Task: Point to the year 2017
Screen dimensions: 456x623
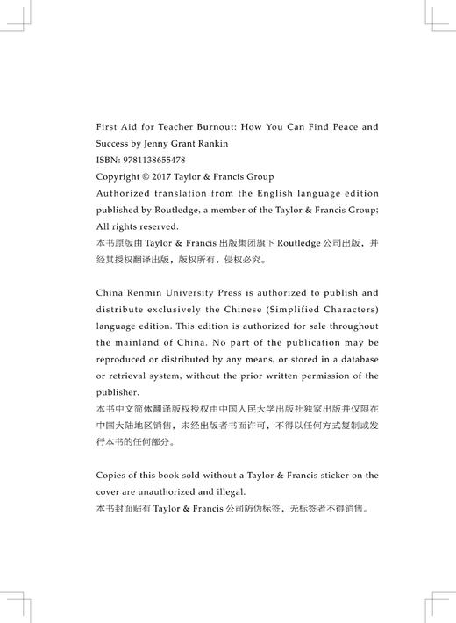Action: pyautogui.click(x=165, y=176)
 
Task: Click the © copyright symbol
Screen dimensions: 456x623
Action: pyautogui.click(x=146, y=176)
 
